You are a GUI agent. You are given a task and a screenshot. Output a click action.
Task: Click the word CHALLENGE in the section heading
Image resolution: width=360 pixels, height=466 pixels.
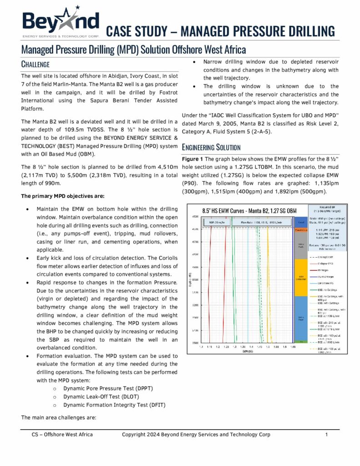click(35, 65)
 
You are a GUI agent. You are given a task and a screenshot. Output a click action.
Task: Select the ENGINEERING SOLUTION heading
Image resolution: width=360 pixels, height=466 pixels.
click(211, 147)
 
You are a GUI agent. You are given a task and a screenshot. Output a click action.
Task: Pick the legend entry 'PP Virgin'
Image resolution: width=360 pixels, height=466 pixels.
click(320, 270)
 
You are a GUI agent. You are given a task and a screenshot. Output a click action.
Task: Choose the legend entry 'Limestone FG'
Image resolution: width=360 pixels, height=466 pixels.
click(323, 283)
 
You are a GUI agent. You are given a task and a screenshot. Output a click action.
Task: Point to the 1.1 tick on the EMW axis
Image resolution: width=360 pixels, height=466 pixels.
click(201, 346)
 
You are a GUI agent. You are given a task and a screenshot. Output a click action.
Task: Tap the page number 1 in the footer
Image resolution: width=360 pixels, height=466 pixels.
click(327, 435)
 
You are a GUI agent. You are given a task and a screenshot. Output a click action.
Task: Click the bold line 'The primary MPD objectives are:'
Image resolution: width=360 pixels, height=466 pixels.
click(63, 197)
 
